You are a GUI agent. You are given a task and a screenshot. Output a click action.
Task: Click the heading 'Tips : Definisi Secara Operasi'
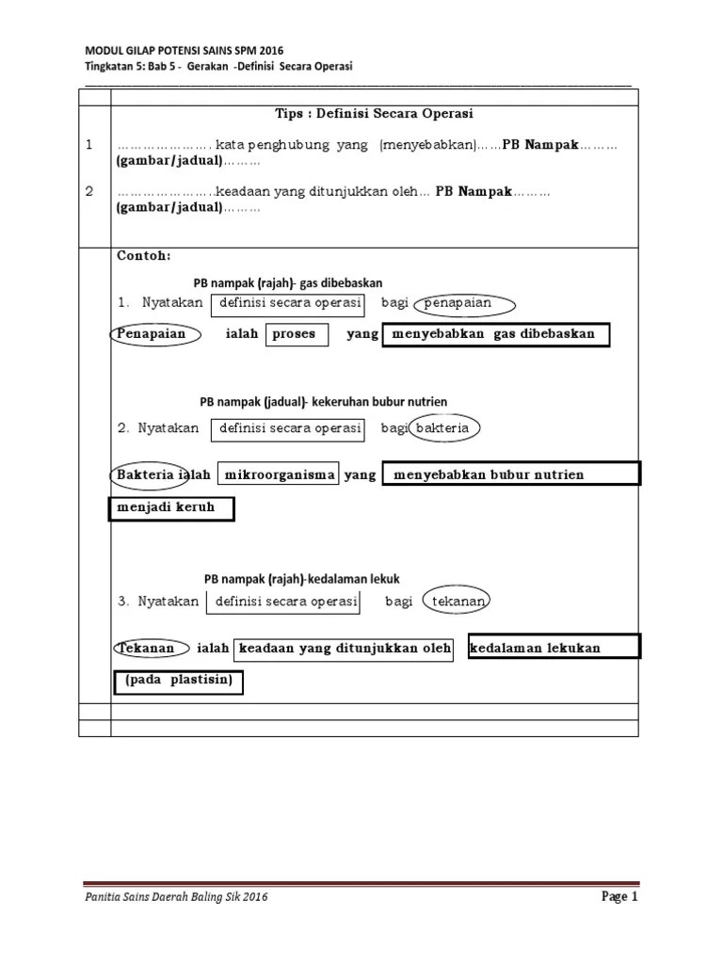coord(374,114)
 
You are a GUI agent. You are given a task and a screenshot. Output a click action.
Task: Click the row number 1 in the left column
coord(89,145)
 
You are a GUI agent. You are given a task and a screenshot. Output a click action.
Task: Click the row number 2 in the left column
coord(89,191)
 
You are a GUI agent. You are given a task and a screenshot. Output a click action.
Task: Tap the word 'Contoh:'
coord(144,256)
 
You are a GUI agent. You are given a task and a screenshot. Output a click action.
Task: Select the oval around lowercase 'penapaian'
coord(464,304)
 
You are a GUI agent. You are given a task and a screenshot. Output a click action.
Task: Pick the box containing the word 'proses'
coord(296,334)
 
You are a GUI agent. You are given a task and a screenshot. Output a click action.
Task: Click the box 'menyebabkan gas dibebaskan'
coord(495,334)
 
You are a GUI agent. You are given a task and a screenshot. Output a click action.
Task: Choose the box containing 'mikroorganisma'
coord(279,474)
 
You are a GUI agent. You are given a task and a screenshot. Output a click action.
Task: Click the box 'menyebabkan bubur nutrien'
coord(511,474)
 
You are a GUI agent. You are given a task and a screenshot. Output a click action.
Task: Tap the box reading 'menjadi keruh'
coord(169,507)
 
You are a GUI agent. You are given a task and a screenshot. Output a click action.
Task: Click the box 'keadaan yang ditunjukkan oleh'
coord(343,649)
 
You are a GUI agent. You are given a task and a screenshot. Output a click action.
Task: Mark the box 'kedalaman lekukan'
coord(554,648)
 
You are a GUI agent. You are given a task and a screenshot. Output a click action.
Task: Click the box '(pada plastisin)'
coord(179,682)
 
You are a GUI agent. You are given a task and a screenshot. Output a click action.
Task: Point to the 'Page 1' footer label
coord(620,897)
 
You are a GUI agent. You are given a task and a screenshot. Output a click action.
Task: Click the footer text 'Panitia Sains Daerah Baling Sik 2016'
coord(176,898)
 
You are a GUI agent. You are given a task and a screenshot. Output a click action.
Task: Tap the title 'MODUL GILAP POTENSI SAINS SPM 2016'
coord(185,50)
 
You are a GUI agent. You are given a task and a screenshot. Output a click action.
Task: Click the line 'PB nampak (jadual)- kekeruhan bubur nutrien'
coord(323,402)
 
